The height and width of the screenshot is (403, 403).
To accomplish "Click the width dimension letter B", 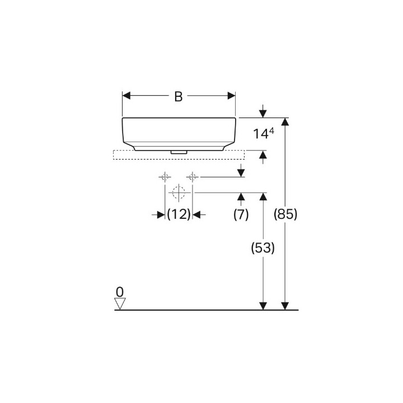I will (x=178, y=96).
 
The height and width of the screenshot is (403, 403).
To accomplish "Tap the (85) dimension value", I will (x=285, y=214).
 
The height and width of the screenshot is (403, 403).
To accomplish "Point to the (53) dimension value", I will (x=263, y=248).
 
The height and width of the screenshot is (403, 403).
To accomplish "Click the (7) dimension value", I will (x=241, y=214).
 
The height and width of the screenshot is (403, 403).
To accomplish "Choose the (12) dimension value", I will (x=179, y=214).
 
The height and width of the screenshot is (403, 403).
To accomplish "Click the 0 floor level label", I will (x=119, y=292).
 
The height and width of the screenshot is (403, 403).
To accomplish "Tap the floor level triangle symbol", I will (x=120, y=303).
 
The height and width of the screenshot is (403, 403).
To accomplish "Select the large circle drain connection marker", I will (x=179, y=193).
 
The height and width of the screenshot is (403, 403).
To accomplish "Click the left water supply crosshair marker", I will (x=165, y=177).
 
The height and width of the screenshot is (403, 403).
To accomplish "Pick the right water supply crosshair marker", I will (x=193, y=177).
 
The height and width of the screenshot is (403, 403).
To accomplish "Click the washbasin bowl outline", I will (x=179, y=133).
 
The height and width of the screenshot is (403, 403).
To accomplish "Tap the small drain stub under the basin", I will (x=179, y=151).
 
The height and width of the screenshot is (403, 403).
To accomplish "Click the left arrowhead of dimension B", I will (x=126, y=96).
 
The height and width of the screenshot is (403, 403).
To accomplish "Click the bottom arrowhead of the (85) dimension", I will (x=285, y=305).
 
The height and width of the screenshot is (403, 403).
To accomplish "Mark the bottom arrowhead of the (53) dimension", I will (x=263, y=305).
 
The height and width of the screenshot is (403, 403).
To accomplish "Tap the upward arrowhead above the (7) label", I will (x=241, y=196).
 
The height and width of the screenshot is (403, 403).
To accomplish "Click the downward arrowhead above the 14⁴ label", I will (x=263, y=114).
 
